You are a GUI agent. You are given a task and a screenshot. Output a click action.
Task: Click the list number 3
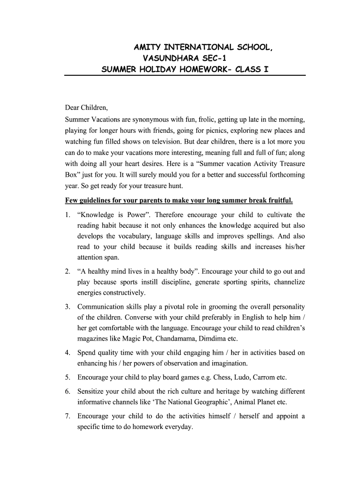tap(68, 307)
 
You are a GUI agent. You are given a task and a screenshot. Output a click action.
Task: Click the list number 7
tap(68, 416)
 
